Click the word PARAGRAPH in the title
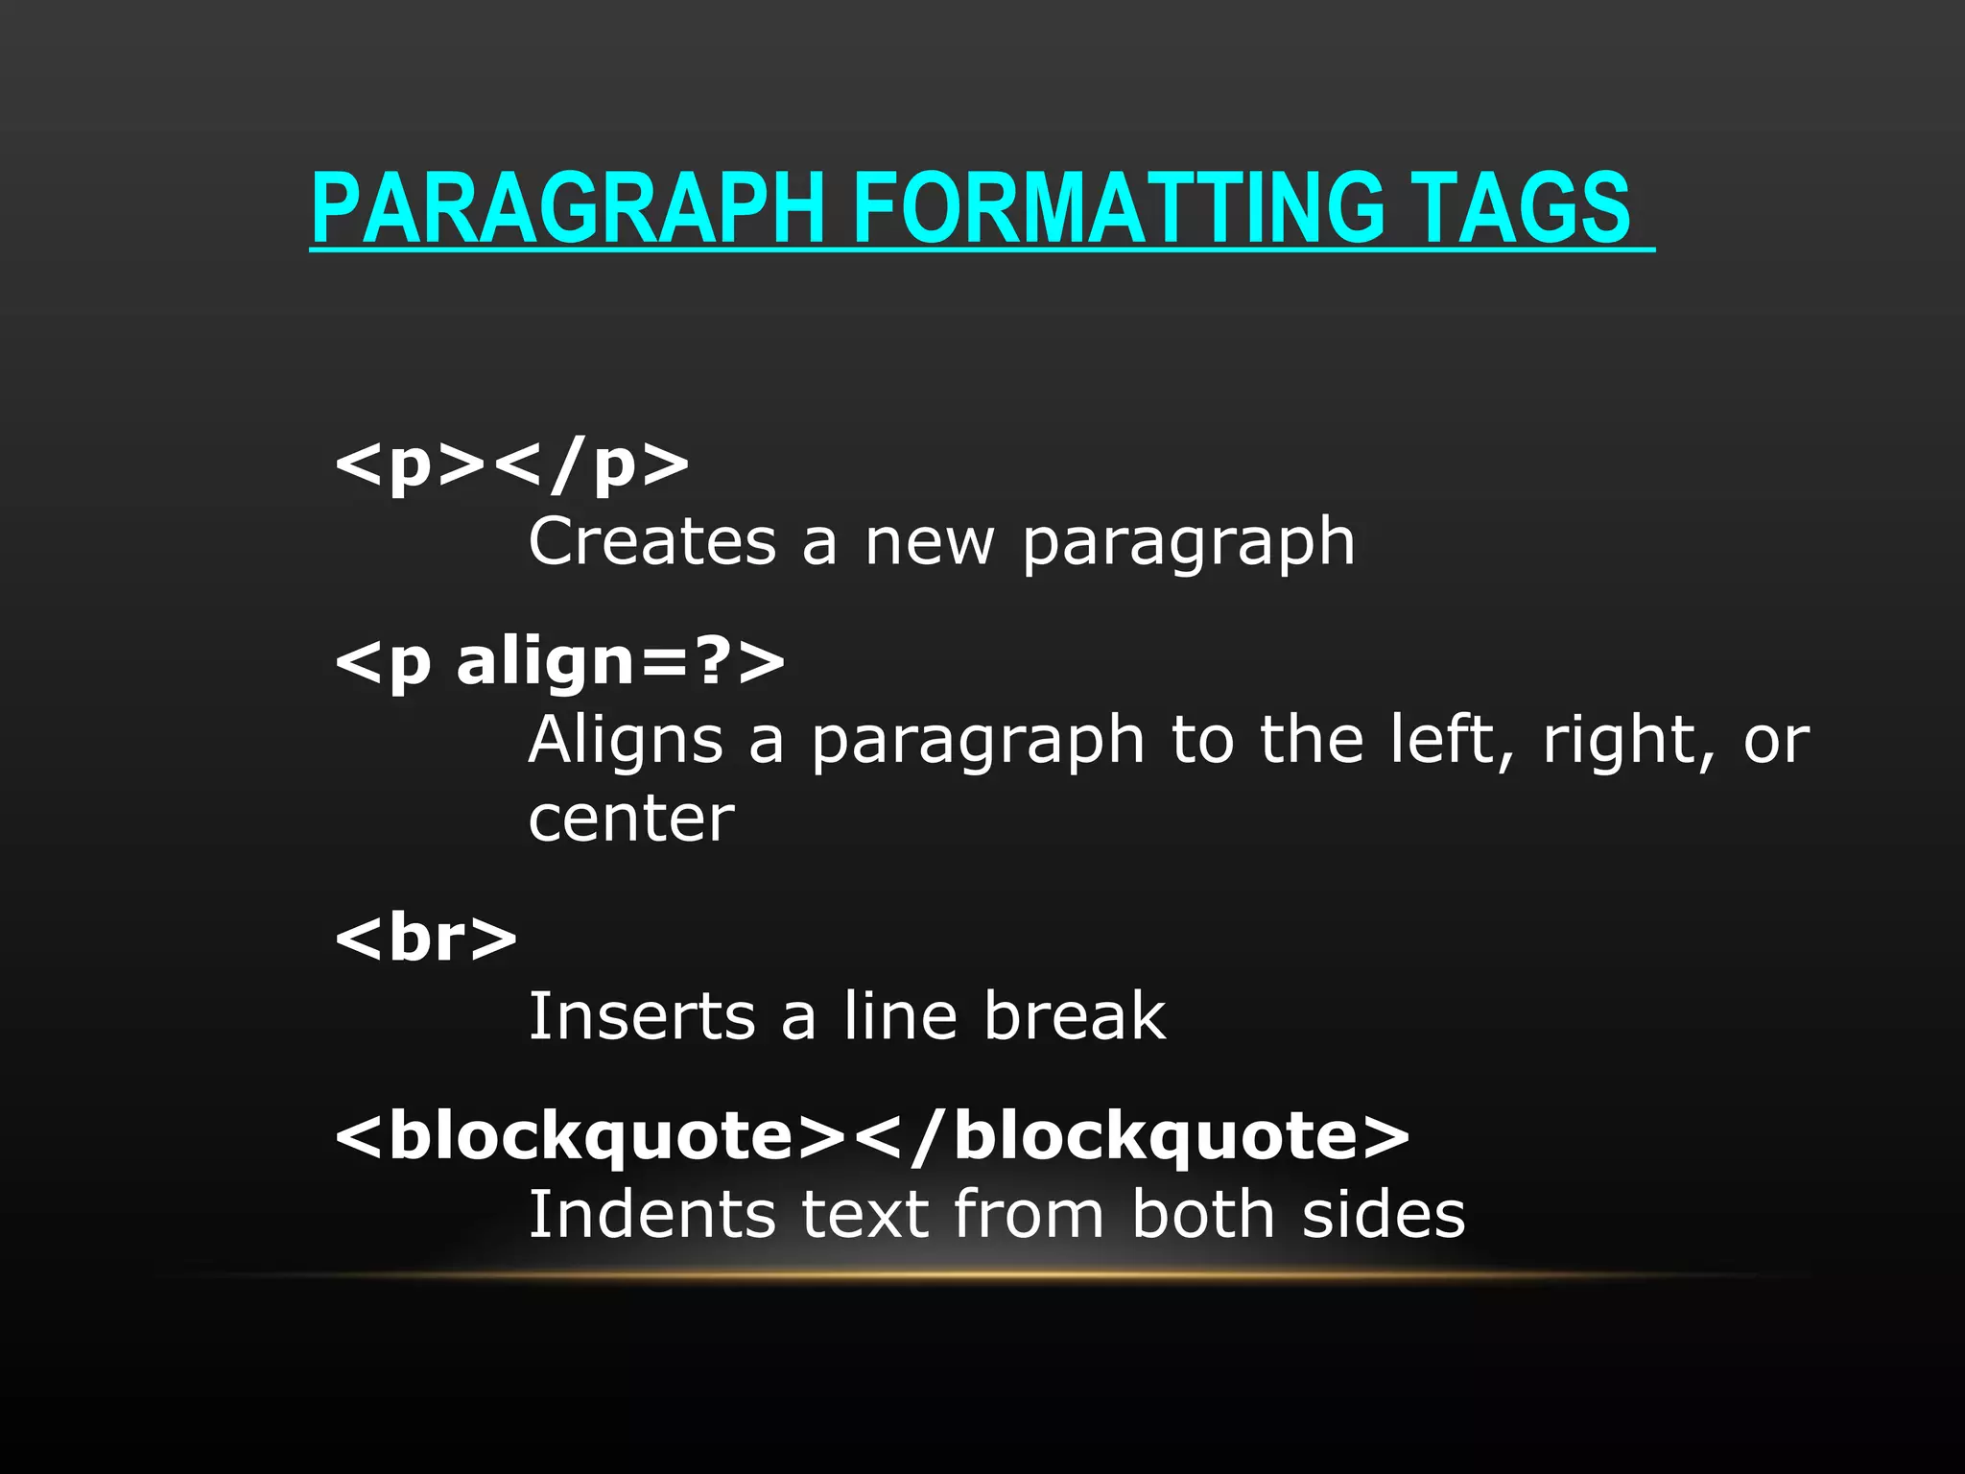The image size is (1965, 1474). coord(568,208)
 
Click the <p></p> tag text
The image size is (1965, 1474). coord(511,465)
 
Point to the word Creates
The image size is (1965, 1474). coord(652,542)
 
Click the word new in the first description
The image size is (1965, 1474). coord(930,542)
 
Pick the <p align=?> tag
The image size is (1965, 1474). coord(559,662)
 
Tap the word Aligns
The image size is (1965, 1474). coord(626,740)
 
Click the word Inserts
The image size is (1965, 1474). coord(642,1016)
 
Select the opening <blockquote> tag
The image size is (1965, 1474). coord(590,1136)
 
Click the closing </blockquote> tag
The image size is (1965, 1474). coord(1132,1136)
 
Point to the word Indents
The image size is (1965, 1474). coord(652,1215)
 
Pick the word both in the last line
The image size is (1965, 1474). coord(1203,1215)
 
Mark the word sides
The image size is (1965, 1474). coord(1384,1215)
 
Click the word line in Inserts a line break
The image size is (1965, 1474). coord(900,1016)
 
